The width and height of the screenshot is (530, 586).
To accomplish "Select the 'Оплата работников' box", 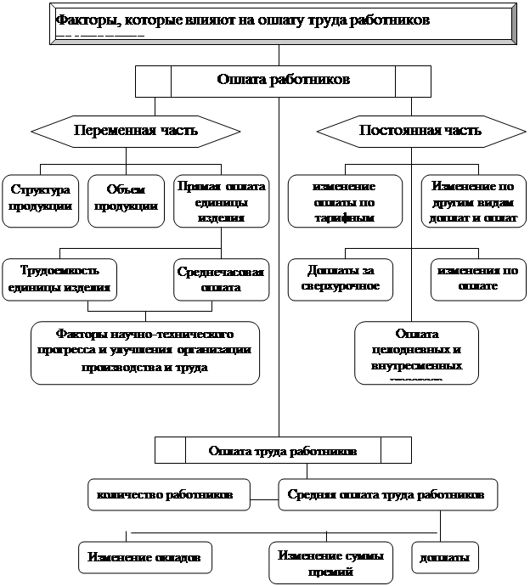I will click(283, 82).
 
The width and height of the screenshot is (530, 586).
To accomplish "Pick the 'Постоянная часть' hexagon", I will click(420, 131).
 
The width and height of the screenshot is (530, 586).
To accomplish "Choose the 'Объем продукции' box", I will click(126, 200).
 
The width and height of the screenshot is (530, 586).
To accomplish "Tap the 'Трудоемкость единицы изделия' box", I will click(59, 279).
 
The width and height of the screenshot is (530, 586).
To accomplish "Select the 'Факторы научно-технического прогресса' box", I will click(144, 351).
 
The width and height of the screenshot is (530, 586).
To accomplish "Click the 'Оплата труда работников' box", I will click(283, 450).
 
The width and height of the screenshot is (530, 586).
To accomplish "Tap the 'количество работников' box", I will click(168, 494).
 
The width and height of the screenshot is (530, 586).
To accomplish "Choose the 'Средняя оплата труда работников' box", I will click(386, 494).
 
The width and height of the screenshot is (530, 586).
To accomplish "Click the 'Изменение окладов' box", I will click(144, 558).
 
